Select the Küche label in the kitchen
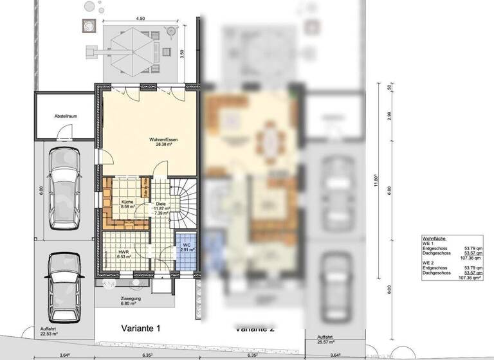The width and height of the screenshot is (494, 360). [127, 202]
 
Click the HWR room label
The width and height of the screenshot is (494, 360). [123, 251]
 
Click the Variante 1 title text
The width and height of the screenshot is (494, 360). [141, 327]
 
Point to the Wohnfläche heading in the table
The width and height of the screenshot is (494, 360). [434, 237]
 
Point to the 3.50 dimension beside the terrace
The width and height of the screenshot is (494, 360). [183, 54]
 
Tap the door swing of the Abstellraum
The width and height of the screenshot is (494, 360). [63, 134]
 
